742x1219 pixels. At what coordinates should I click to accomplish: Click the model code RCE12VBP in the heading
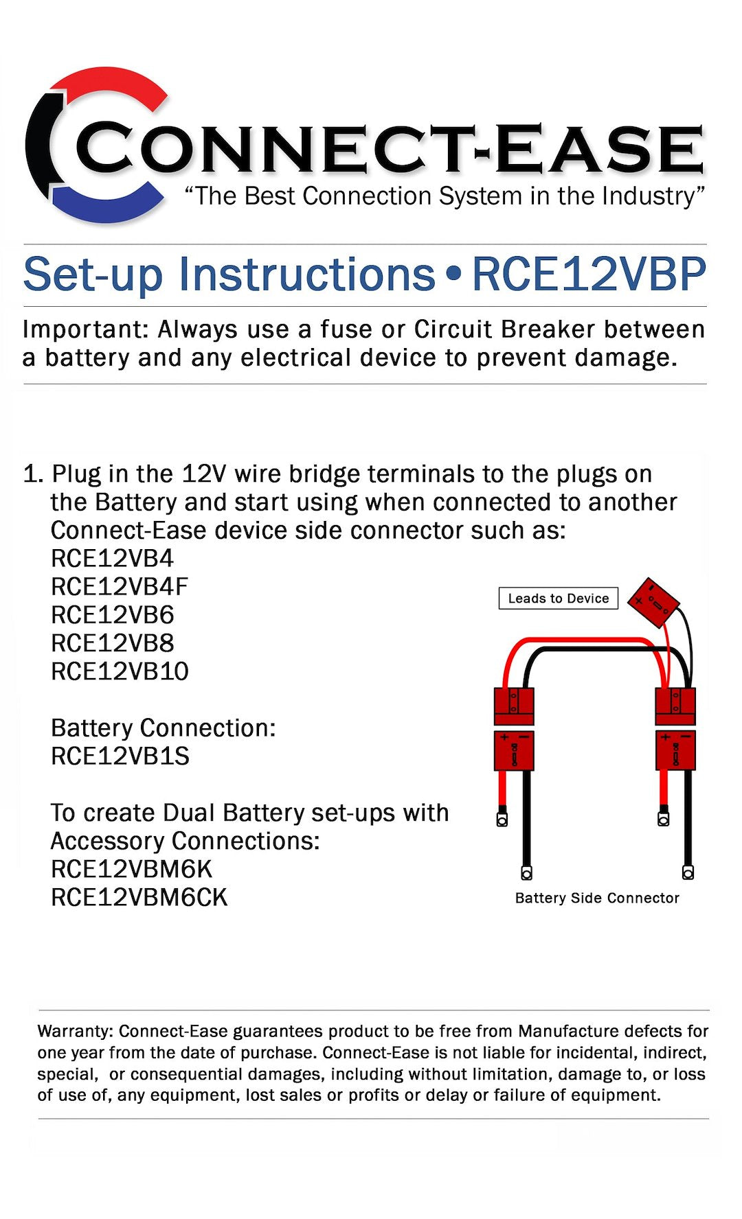[x=589, y=275]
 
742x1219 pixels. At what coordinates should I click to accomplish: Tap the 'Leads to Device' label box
[x=558, y=599]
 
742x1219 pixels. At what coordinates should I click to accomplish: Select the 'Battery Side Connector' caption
[x=596, y=898]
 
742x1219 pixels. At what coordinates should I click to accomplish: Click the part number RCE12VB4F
[x=119, y=587]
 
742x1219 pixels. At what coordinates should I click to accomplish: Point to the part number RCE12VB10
[x=120, y=671]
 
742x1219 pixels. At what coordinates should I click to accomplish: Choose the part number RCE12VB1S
[x=120, y=756]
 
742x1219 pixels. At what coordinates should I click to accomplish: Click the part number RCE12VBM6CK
[x=139, y=897]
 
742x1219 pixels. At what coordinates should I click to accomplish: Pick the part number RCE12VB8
[x=112, y=643]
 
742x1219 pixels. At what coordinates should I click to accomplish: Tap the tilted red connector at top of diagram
[x=654, y=603]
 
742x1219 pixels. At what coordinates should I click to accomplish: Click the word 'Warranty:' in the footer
[x=75, y=1031]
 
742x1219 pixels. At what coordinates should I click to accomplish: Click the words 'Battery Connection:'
[x=163, y=728]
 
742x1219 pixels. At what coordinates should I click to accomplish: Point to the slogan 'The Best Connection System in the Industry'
[x=445, y=196]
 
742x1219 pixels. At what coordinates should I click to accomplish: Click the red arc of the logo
[x=103, y=82]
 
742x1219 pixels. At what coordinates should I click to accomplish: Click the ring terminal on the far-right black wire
[x=688, y=872]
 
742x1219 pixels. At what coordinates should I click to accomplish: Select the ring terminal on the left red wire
[x=502, y=820]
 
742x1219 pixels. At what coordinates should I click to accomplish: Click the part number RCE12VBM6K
[x=131, y=869]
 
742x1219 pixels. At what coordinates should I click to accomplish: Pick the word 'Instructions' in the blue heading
[x=307, y=275]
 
